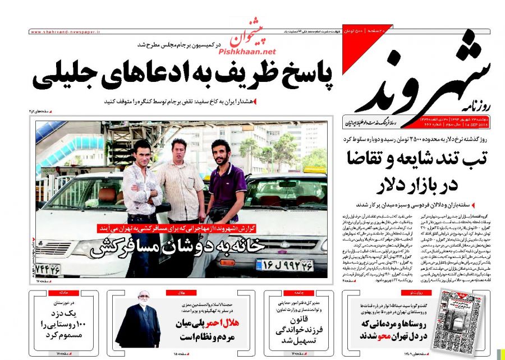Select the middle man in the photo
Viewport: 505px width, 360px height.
180,179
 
